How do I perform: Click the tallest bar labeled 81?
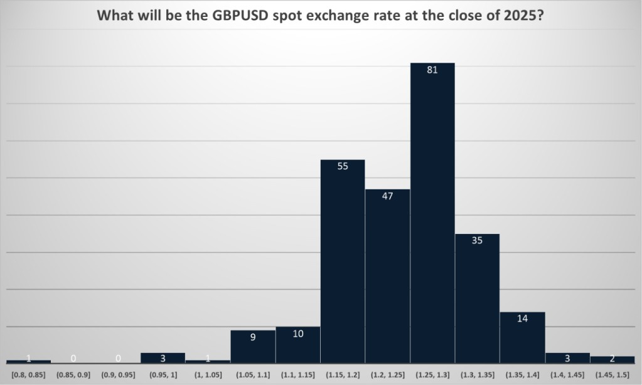[432, 213]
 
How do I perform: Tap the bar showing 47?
[387, 276]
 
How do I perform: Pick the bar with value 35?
[477, 298]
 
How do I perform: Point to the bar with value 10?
[298, 345]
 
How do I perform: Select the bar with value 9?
[253, 347]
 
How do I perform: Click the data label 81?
[432, 70]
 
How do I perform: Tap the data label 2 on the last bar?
[613, 359]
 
